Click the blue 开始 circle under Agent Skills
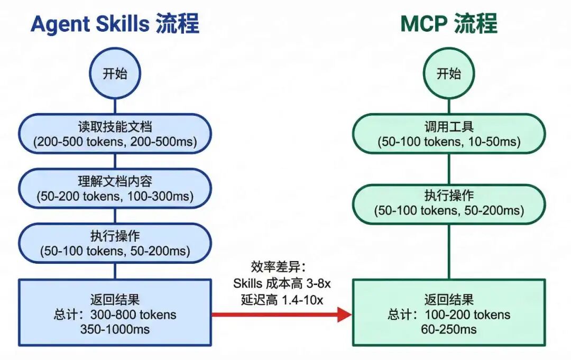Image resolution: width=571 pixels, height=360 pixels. [115, 73]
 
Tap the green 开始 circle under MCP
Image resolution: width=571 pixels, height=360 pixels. [448, 73]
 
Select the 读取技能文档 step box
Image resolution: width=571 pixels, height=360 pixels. [115, 134]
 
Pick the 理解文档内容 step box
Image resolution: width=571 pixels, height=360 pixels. [115, 189]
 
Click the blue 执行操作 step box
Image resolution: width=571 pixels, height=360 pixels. [115, 243]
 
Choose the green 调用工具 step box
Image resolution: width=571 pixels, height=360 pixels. [448, 134]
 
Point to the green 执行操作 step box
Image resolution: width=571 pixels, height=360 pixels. [448, 203]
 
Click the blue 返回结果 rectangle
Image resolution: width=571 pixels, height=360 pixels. [115, 312]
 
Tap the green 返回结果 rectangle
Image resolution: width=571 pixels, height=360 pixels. [448, 312]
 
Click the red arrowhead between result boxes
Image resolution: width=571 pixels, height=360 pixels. [344, 315]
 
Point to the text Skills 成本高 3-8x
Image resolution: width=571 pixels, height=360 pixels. [282, 283]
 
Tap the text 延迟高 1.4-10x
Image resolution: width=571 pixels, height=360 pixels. [282, 300]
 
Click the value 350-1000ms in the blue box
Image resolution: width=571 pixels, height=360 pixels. [115, 329]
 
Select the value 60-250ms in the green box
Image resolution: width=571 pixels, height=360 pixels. [448, 329]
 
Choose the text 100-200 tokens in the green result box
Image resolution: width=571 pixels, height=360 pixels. [466, 315]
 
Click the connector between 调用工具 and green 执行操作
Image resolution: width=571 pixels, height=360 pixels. [448, 168]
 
